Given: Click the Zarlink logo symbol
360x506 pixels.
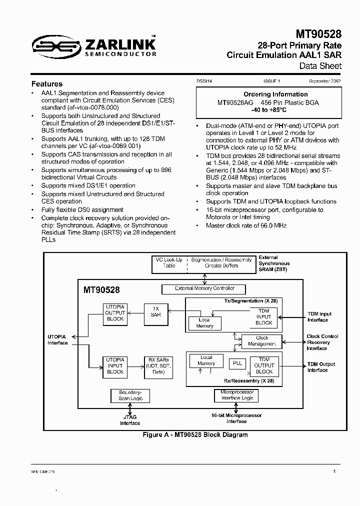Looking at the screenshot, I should (x=50, y=47).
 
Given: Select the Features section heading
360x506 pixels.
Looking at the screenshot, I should (x=47, y=84).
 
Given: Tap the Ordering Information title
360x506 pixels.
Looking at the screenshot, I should (x=275, y=94).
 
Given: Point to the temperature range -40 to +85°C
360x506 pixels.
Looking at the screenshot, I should (x=275, y=110).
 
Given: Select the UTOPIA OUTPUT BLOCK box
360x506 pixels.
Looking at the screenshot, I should (x=115, y=312).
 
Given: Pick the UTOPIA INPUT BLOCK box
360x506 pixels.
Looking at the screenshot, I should (x=115, y=365).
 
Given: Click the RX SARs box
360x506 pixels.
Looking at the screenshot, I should (x=159, y=365).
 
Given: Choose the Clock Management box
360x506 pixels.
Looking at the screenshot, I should (x=262, y=341).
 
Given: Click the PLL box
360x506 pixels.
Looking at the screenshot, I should (x=237, y=363).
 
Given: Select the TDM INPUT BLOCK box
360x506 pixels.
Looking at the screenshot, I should (x=264, y=316).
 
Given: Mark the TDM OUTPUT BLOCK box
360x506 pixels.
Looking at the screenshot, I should (x=264, y=365).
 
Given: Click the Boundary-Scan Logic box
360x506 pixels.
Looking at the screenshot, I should (x=130, y=395).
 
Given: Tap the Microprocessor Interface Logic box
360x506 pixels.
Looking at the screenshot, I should (x=237, y=395).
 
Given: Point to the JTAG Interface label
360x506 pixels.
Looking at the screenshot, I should (x=130, y=420).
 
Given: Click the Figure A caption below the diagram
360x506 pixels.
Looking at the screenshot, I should (x=195, y=434).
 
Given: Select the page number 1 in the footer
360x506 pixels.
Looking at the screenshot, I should (x=334, y=471).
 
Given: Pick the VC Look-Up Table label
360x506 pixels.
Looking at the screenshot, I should (x=169, y=263).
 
